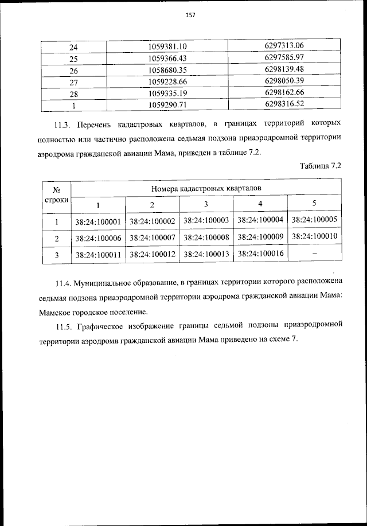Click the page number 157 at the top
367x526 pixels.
coord(191,15)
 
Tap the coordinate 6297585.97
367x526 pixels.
coord(284,57)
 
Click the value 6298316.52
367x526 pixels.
coord(284,103)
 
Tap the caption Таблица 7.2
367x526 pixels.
coord(321,166)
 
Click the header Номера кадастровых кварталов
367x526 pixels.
coord(206,188)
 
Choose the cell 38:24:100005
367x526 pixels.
coord(315,220)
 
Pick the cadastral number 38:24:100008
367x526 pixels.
coord(206,237)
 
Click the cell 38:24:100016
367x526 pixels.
coord(260,254)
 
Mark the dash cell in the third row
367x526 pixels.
coord(315,253)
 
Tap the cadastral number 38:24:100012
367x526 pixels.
coord(152,255)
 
